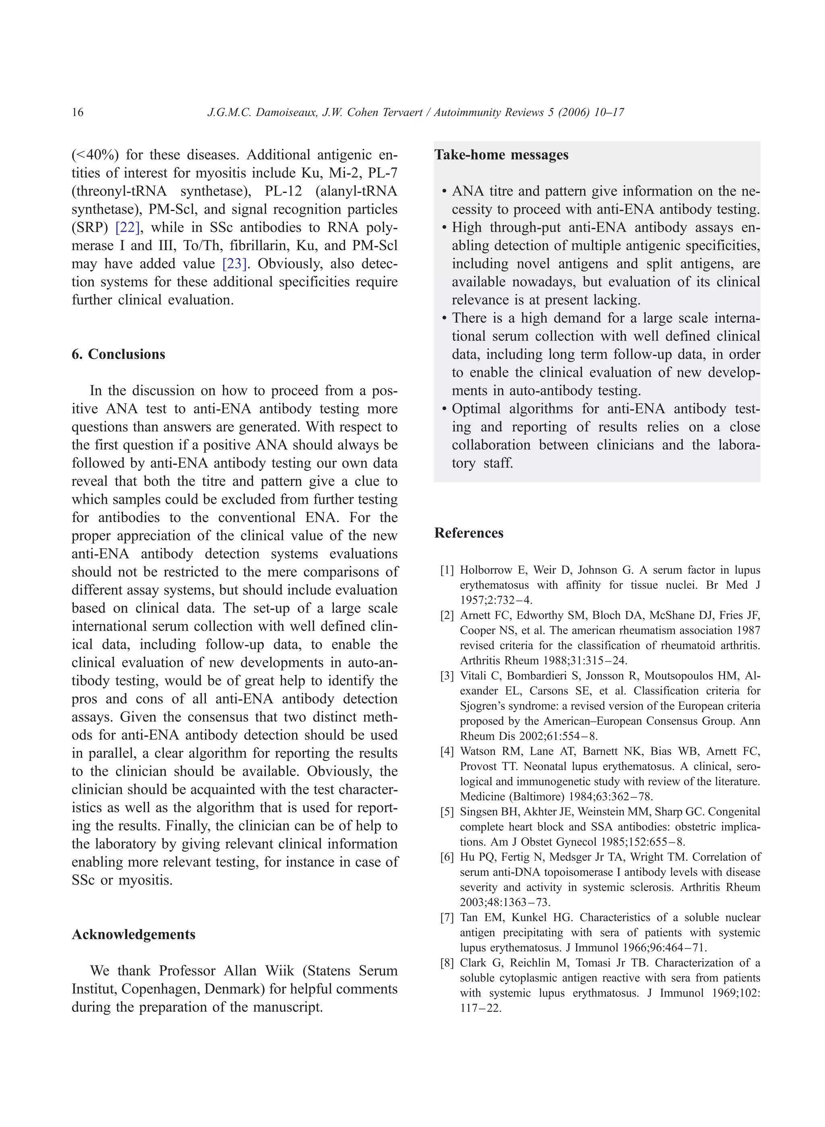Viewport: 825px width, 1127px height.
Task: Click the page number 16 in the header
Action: coord(77,112)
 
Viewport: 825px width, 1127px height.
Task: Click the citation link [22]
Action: coord(127,227)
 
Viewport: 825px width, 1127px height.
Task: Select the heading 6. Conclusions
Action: coord(118,354)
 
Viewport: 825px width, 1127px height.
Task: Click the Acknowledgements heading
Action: coord(133,934)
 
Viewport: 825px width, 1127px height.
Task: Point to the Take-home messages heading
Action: coord(502,155)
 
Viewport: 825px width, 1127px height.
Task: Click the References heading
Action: coord(468,533)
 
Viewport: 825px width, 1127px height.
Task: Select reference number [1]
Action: coord(447,571)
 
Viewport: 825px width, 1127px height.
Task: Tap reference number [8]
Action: coord(447,963)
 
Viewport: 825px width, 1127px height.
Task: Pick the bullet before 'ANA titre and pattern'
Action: coord(444,192)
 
